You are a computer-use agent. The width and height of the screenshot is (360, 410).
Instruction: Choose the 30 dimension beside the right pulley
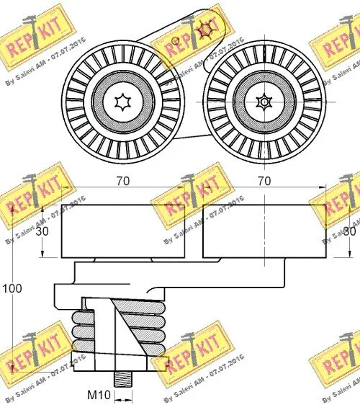350,231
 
